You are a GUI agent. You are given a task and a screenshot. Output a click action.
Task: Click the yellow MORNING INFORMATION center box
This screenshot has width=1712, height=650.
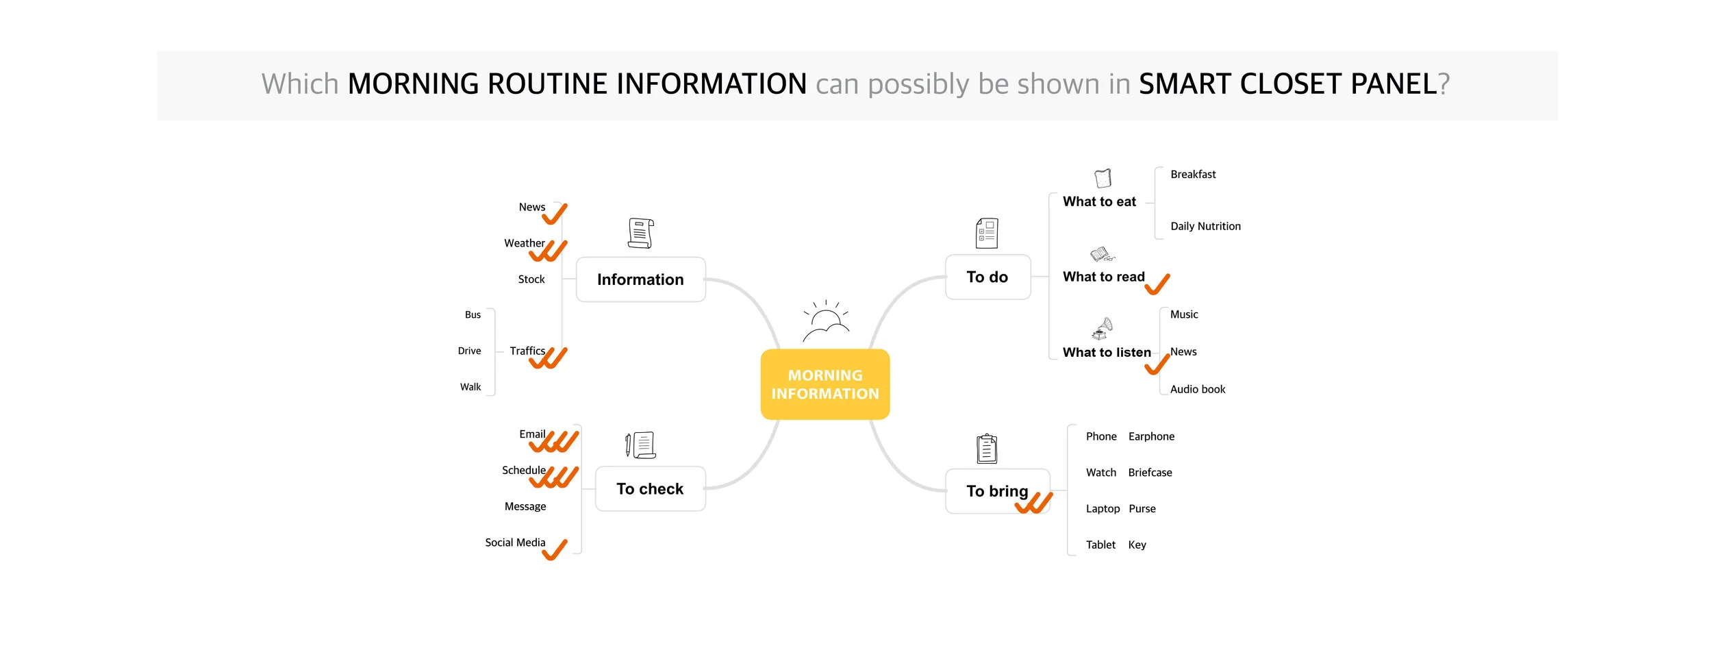tap(824, 384)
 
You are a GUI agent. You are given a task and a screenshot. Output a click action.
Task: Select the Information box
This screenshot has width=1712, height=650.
tap(640, 279)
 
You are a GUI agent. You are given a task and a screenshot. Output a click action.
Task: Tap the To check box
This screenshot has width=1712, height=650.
tap(650, 489)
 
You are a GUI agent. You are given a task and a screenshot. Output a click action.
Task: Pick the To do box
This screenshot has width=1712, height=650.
tap(987, 277)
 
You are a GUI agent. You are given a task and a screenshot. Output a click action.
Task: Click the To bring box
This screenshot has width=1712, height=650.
tap(997, 491)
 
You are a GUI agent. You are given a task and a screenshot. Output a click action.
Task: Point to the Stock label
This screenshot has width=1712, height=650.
tap(531, 279)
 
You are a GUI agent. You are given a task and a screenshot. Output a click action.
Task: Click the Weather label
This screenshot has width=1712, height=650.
tap(525, 243)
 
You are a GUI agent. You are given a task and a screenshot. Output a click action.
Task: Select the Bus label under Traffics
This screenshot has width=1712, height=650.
tap(473, 315)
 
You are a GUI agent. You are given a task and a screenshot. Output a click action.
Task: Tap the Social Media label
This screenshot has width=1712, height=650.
tap(515, 542)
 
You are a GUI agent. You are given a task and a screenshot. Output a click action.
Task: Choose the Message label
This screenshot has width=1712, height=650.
tap(525, 506)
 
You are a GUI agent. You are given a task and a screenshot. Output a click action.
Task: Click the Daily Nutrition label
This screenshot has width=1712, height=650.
tap(1205, 226)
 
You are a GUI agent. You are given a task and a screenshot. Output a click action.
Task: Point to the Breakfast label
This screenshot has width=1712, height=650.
tap(1193, 175)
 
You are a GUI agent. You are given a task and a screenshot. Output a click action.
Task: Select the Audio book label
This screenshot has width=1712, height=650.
tap(1198, 389)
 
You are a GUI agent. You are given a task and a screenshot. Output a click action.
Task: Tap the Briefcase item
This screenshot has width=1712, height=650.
tap(1150, 473)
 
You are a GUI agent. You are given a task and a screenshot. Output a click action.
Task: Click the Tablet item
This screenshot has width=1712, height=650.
tap(1100, 545)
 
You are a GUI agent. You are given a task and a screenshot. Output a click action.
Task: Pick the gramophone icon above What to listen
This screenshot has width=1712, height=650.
tap(1102, 328)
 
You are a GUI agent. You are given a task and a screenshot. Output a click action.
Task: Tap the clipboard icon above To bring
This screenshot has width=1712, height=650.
tap(987, 449)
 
